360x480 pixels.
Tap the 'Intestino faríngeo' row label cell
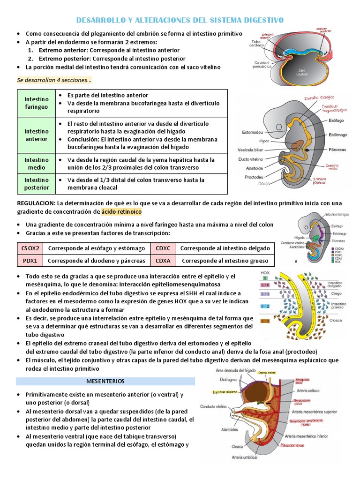(x=37, y=103)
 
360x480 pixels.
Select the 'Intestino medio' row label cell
(x=37, y=164)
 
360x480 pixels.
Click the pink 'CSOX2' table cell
(x=30, y=248)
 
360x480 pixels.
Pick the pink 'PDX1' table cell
(x=30, y=261)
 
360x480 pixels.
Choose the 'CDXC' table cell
(x=163, y=248)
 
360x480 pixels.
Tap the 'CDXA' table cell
(x=163, y=261)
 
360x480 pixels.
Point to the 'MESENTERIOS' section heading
(x=105, y=382)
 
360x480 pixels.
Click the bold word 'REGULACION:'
(x=36, y=203)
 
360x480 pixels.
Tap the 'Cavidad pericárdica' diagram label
(x=262, y=65)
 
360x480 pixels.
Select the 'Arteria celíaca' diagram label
(x=308, y=388)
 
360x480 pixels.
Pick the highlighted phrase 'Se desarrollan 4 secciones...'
(x=54, y=80)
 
